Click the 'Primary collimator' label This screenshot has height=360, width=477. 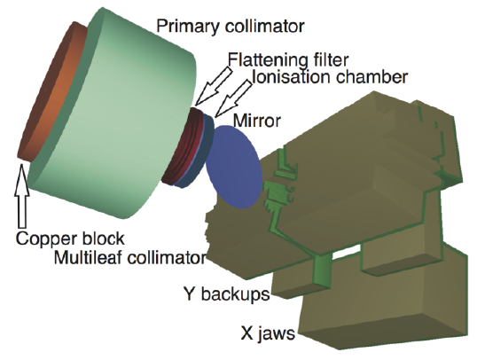[230, 27]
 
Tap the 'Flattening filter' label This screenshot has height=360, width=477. [288, 60]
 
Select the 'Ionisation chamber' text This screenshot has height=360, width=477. [330, 77]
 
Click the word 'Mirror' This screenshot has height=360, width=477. [256, 121]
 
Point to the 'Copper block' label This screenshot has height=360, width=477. [70, 239]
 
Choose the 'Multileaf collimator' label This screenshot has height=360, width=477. [130, 258]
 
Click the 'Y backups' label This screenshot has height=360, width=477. [227, 294]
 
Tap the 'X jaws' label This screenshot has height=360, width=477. [268, 333]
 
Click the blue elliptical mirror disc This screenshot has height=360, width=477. [234, 167]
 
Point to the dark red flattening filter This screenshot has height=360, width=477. [182, 146]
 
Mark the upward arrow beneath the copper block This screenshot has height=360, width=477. [22, 196]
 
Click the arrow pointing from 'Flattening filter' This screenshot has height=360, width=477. [214, 86]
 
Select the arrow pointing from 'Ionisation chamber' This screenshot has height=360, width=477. [233, 97]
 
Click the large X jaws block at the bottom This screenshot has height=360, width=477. [383, 304]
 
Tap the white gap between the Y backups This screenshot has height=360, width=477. [347, 252]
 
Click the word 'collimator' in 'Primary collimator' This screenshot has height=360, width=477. [264, 27]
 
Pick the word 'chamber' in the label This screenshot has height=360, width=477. [371, 77]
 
